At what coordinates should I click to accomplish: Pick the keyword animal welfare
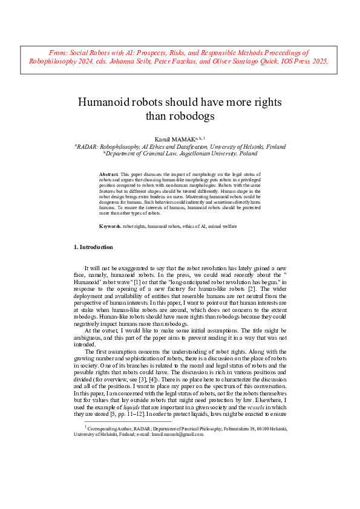(221, 225)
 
